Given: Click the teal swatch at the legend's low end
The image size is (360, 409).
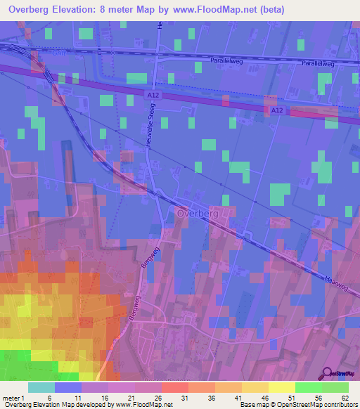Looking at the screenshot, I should point(41,387).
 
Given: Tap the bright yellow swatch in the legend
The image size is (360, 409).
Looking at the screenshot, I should point(281,387).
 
